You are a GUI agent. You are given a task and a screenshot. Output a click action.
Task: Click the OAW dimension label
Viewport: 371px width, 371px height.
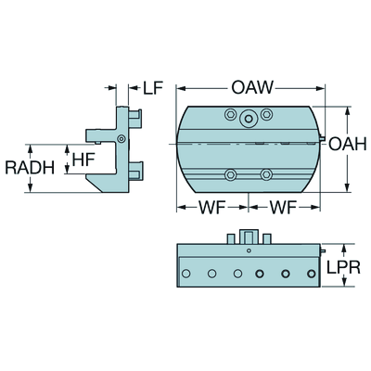click(x=252, y=87)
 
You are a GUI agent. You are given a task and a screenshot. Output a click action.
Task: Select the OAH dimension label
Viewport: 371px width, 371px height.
click(x=347, y=144)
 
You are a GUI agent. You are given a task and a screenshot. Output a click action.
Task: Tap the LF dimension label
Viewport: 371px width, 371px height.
click(x=153, y=88)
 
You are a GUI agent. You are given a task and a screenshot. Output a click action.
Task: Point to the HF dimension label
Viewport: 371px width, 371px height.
click(x=83, y=160)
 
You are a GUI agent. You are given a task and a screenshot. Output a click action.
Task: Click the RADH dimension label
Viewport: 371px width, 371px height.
click(x=30, y=168)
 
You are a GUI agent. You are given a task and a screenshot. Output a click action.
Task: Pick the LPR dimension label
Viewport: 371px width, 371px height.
click(x=343, y=268)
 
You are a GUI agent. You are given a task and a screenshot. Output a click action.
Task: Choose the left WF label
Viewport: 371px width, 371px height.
click(x=211, y=208)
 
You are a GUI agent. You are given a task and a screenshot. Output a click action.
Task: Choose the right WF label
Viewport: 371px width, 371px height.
click(x=283, y=208)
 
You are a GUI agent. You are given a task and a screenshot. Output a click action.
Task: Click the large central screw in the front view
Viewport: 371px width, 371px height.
click(x=249, y=118)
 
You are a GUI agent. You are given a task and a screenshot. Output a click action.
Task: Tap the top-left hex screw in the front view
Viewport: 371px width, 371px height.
click(x=231, y=115)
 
